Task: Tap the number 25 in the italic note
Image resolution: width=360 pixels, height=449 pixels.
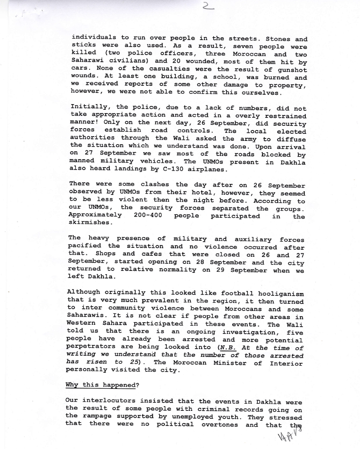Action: (x=135, y=363)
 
